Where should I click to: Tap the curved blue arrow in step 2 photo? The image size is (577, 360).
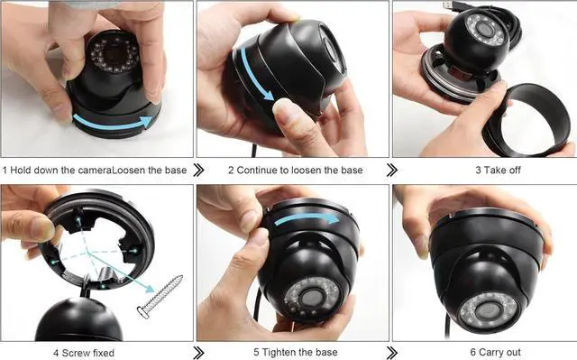pyautogui.click(x=253, y=77)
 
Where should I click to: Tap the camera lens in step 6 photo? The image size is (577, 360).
pyautogui.click(x=488, y=311)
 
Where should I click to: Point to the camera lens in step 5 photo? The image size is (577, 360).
pyautogui.click(x=311, y=297)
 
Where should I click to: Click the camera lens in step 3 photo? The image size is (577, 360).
pyautogui.click(x=485, y=28)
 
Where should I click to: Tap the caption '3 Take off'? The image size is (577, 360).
pyautogui.click(x=498, y=170)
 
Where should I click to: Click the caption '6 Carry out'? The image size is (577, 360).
pyautogui.click(x=495, y=352)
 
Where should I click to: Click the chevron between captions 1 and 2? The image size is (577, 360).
pyautogui.click(x=198, y=170)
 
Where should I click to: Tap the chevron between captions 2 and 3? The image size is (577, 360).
pyautogui.click(x=392, y=170)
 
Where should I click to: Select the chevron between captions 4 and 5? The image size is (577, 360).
pyautogui.click(x=198, y=353)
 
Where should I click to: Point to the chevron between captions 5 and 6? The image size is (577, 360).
pyautogui.click(x=392, y=353)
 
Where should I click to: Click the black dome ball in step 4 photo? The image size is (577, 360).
pyautogui.click(x=78, y=319)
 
